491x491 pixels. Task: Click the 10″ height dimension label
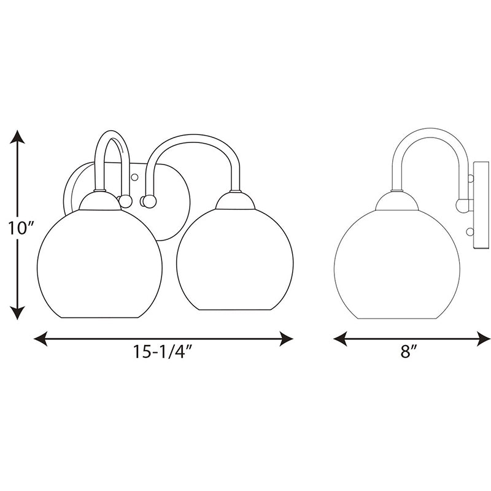(21, 228)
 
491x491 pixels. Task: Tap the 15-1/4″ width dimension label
(162, 351)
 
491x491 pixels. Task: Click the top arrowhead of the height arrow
(17, 137)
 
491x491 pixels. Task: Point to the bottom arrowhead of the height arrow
(17, 313)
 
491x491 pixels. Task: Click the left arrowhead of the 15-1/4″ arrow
(41, 339)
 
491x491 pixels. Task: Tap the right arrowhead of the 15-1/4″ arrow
(286, 339)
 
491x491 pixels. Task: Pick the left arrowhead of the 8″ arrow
(341, 339)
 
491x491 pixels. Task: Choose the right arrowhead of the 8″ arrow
(484, 339)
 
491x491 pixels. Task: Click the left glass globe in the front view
(99, 264)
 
